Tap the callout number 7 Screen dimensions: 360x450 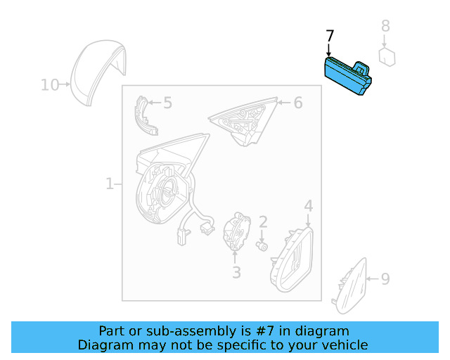(330, 36)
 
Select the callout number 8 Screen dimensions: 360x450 (385, 27)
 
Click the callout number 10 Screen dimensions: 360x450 (49, 85)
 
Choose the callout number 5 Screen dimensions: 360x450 (167, 103)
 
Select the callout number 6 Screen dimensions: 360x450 (297, 103)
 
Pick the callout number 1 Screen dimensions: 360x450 (109, 184)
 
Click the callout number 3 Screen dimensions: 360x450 (236, 271)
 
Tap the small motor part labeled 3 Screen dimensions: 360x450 (237, 232)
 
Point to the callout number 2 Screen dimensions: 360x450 (263, 222)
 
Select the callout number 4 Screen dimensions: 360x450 (308, 206)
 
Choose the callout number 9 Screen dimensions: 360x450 (385, 279)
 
